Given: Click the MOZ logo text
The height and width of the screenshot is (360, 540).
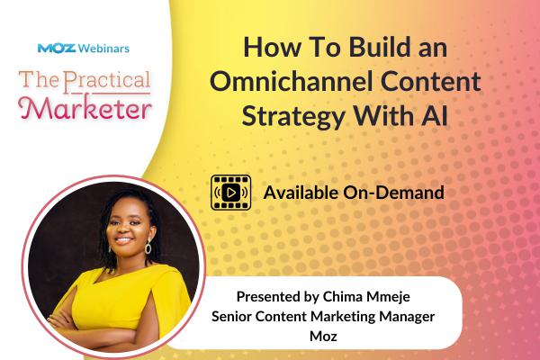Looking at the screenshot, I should pyautogui.click(x=54, y=48).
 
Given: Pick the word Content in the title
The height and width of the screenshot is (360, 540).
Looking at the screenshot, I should pyautogui.click(x=431, y=84).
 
